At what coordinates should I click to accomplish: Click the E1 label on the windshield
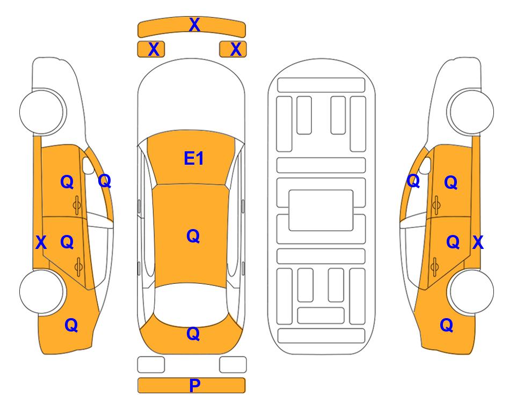point(194,158)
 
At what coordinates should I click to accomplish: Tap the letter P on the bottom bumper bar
point(194,385)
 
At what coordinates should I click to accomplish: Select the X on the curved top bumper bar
point(194,25)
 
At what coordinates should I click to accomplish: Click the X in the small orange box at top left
point(154,49)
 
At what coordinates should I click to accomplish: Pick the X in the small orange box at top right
point(236,49)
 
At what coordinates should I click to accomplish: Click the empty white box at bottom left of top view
point(151,365)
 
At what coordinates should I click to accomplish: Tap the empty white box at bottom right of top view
point(233,365)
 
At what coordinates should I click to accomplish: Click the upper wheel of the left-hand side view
point(42,112)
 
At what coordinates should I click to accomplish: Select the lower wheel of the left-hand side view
point(42,291)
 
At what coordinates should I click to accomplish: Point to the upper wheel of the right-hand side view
point(471,112)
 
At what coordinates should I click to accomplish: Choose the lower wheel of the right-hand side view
point(471,291)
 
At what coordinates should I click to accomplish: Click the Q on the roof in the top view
point(193,237)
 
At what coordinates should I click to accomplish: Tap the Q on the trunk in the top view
point(193,334)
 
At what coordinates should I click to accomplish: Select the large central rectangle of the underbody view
point(321,210)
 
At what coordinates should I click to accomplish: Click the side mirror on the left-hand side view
point(88,165)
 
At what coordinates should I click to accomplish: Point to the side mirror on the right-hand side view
point(425,165)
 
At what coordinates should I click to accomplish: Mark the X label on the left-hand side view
point(41,242)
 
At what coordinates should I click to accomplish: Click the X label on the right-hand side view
point(478,242)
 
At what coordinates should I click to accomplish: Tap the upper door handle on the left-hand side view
point(77,205)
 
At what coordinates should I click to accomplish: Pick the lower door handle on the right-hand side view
point(435,267)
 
